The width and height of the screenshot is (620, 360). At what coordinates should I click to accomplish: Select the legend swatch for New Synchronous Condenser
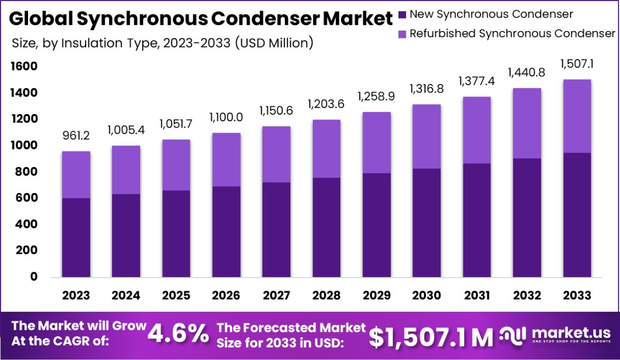(402, 14)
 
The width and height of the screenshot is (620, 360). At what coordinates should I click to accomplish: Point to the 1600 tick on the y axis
(23, 66)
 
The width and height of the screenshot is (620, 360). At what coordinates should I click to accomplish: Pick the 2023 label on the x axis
(76, 296)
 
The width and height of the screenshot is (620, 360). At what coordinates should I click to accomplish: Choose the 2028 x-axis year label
(326, 296)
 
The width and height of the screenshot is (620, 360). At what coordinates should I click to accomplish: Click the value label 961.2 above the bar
(76, 136)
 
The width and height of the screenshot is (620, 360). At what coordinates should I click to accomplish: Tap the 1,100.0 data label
(226, 118)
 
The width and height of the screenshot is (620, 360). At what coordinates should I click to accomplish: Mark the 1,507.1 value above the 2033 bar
(577, 64)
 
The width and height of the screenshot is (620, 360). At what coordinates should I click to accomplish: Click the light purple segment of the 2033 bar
(577, 116)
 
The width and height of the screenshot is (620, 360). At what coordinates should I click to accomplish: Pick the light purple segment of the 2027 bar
(276, 154)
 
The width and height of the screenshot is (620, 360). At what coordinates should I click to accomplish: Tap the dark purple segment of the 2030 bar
(426, 223)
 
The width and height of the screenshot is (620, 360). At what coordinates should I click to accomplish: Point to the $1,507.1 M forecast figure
(431, 338)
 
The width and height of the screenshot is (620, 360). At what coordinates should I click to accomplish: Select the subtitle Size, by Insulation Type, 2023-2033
(162, 43)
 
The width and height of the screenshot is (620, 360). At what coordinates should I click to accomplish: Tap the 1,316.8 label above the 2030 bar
(426, 89)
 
